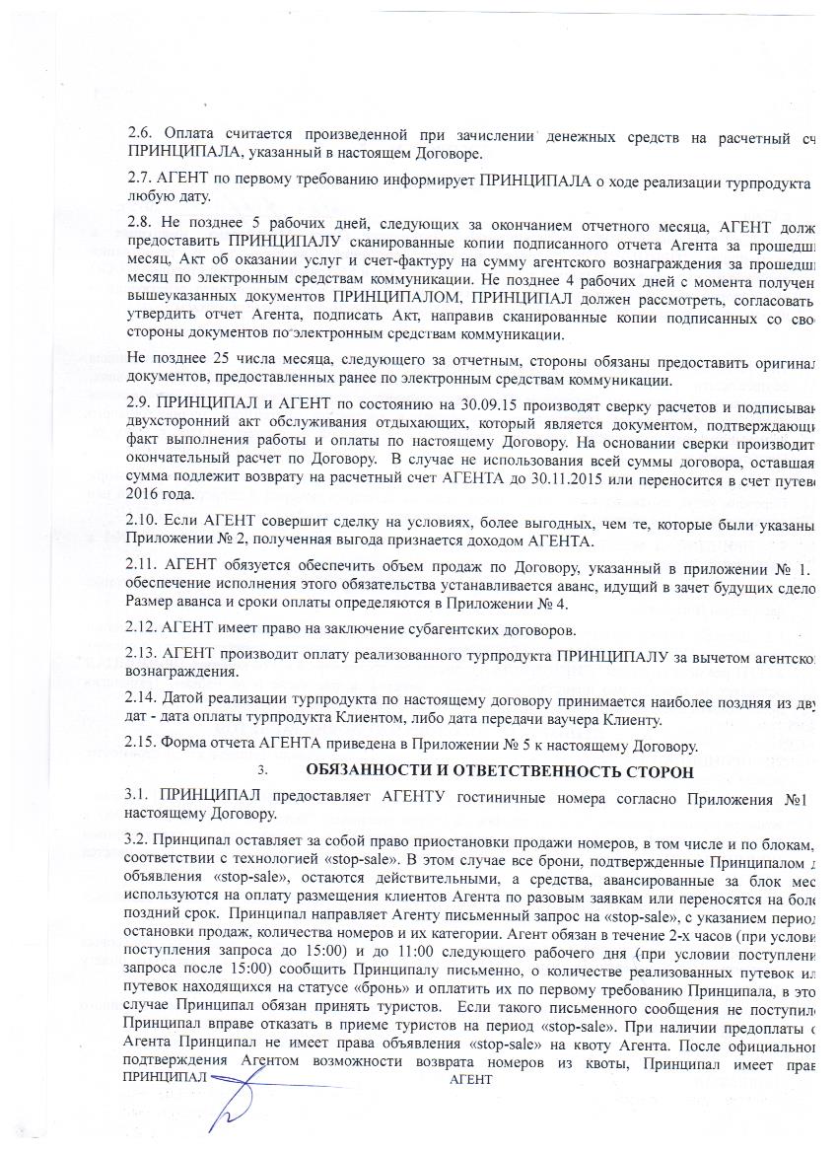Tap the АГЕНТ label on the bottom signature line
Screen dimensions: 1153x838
(x=470, y=1081)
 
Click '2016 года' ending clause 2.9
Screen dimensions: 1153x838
(x=165, y=494)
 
